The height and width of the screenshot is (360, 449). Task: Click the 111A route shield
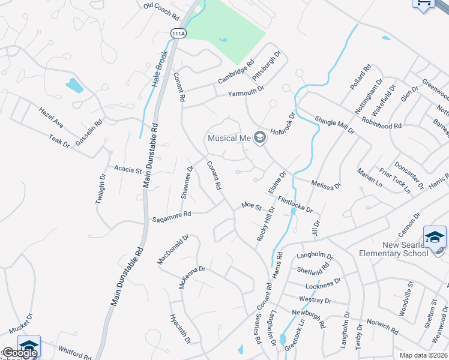point(178,34)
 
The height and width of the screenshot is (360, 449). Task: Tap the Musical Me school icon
point(260,139)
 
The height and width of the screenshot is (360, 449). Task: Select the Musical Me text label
point(229,138)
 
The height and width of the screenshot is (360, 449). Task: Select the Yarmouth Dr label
point(246,92)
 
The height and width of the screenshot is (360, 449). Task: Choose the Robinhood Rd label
point(381,123)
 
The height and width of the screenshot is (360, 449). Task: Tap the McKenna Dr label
point(192,277)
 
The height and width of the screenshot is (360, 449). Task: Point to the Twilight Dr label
point(101,190)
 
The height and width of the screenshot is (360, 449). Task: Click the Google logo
point(19,353)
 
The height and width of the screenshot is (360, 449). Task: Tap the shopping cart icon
point(423,3)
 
